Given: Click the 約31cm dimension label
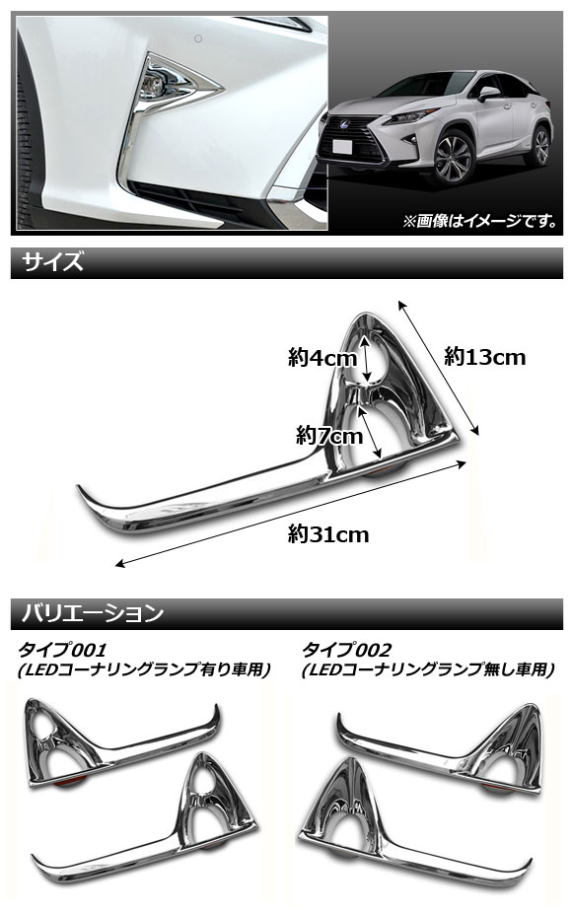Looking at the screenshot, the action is click(x=328, y=534).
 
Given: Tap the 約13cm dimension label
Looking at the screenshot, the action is click(x=484, y=356).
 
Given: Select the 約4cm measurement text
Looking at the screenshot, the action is click(x=322, y=357).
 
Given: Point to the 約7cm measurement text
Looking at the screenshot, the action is click(x=329, y=435).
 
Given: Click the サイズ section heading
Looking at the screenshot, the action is click(x=53, y=262).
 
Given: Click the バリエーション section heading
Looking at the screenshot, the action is click(x=93, y=613).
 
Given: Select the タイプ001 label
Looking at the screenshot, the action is click(x=62, y=649).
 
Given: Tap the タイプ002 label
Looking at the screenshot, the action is click(x=346, y=649).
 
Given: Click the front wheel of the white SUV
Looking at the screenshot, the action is click(x=453, y=158).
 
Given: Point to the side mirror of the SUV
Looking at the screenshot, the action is click(x=487, y=93).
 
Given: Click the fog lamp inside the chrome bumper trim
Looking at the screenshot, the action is click(x=153, y=89).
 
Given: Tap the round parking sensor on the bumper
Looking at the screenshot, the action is click(x=198, y=39).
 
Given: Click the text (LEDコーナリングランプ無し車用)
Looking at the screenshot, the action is click(x=428, y=669).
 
